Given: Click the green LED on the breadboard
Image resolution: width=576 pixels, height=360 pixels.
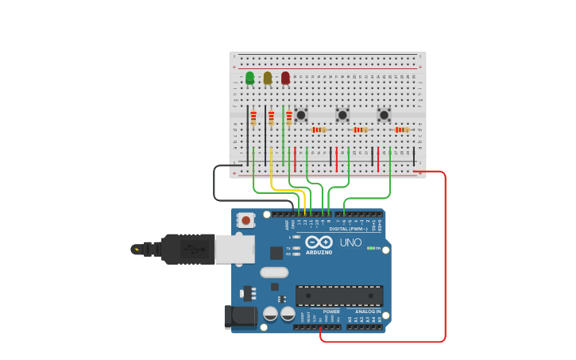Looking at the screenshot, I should [249, 77].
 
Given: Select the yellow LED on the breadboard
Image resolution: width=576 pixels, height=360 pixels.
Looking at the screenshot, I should [268, 77].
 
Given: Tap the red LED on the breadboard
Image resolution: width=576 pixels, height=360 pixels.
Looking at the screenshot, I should [285, 77].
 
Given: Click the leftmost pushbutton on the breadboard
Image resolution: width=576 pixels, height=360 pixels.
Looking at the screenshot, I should [301, 115].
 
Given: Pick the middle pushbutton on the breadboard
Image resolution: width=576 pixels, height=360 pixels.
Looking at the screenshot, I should [342, 115].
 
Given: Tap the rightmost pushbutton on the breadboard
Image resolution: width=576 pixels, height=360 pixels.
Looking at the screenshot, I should [384, 115].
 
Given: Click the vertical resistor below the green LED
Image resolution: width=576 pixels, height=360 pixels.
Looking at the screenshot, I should [253, 118].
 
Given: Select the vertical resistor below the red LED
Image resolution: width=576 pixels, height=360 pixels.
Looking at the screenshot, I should [289, 118].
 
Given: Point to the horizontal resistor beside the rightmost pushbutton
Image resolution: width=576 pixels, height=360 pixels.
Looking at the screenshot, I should [402, 130].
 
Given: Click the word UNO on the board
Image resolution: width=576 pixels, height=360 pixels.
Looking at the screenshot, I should [350, 242].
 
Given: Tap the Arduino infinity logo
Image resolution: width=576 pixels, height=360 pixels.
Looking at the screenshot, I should [318, 242].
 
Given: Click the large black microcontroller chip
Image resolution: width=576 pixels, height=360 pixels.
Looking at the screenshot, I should [339, 296].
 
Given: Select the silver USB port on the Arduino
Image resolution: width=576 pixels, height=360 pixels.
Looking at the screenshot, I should [234, 249].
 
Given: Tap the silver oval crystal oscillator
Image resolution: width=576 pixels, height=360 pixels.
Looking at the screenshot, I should [273, 272].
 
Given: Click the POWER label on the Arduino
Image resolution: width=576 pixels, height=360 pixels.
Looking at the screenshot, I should [331, 312].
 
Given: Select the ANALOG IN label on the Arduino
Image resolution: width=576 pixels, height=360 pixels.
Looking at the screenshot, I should [368, 312].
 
